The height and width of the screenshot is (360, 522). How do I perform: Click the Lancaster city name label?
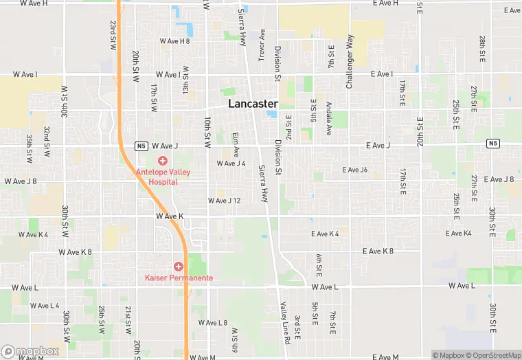tap(253, 104)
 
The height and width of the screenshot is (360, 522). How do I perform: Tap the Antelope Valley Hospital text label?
tap(162, 177)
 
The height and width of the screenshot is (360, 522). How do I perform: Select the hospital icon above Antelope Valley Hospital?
tap(163, 160)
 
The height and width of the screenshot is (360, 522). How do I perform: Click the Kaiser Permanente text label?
tap(179, 278)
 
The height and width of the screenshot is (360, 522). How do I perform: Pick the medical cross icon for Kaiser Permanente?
tap(179, 266)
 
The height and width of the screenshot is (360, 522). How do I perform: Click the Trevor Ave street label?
tap(262, 45)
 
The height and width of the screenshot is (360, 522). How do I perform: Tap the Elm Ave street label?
tap(236, 144)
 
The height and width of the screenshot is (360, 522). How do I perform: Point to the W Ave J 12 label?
tap(225, 201)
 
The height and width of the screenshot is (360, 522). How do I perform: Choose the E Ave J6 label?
tap(356, 170)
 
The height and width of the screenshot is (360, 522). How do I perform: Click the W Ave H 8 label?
tap(174, 41)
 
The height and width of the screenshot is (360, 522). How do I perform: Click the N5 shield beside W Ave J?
tap(141, 146)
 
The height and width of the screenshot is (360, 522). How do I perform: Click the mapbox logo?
tap(30, 351)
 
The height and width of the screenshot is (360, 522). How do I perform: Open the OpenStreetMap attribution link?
tap(492, 355)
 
